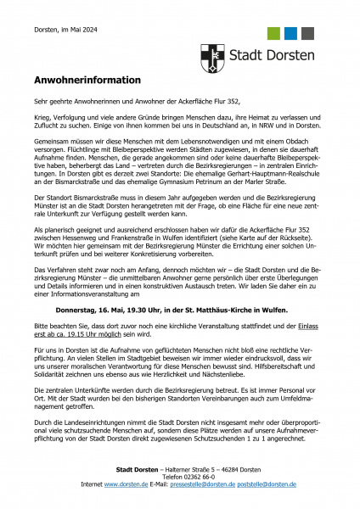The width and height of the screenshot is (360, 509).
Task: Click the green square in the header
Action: (x=273, y=33)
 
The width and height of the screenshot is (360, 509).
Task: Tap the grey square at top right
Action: (x=311, y=33)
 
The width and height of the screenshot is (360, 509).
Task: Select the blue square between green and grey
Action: (x=292, y=33)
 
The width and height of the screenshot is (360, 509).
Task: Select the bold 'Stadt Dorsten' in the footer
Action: (x=138, y=470)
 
